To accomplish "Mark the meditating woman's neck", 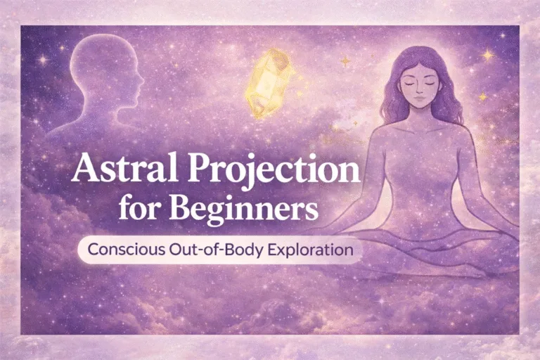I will [419, 118].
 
